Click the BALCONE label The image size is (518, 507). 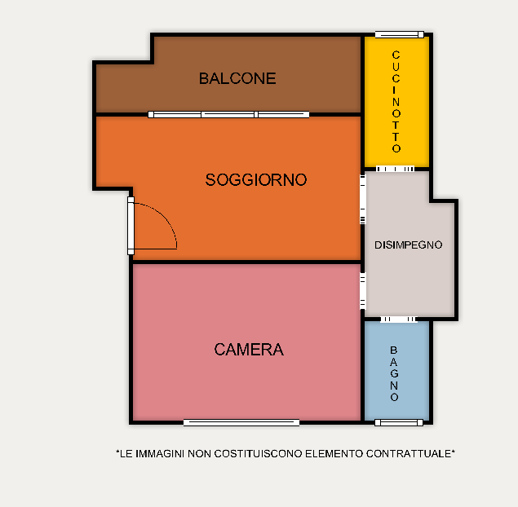(x=237, y=78)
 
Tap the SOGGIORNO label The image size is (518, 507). (x=256, y=180)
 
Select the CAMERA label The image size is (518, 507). (x=249, y=350)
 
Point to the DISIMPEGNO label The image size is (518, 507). (x=409, y=245)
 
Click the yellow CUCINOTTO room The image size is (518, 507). (x=396, y=102)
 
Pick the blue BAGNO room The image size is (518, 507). (x=396, y=371)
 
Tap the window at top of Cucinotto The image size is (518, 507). (x=400, y=35)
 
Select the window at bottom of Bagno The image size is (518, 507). (x=399, y=422)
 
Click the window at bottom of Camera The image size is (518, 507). (x=241, y=422)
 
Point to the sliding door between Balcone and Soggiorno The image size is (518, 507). (x=228, y=115)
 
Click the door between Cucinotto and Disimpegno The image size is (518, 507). (x=395, y=169)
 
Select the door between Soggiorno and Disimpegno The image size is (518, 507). (x=363, y=200)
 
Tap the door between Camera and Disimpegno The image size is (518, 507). (x=363, y=291)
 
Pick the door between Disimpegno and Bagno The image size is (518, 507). (x=399, y=320)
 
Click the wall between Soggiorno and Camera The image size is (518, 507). (x=246, y=262)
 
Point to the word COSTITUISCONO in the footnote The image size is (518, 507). (x=259, y=454)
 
